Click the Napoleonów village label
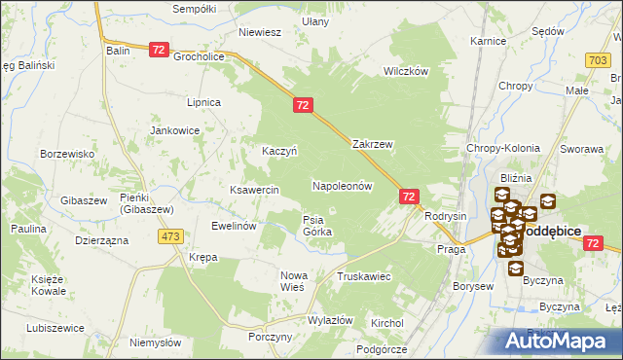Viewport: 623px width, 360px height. point(342,185)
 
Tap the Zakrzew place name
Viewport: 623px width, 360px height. point(372,143)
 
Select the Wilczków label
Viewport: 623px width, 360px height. point(406,72)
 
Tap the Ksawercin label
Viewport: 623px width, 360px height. point(255,190)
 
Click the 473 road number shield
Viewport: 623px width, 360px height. point(172,236)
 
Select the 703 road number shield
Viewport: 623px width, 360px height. point(599,60)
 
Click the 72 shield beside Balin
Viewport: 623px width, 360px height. point(161,49)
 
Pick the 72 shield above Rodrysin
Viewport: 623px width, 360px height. point(409,197)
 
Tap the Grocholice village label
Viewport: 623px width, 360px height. point(200,56)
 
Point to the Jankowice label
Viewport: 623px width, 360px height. point(174,129)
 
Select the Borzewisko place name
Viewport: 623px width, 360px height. point(66,154)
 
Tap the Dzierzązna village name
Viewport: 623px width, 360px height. point(101,239)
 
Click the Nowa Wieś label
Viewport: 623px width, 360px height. point(293,281)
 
